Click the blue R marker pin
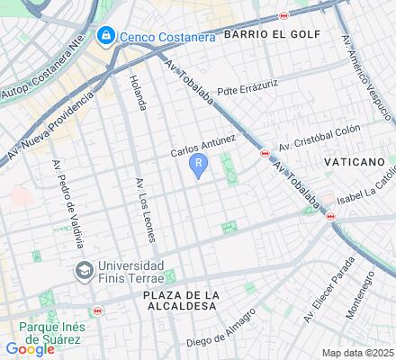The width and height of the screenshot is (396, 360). coord(198,165)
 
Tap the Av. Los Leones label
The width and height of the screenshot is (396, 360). coord(145,210)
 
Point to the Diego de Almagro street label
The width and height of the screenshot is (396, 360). coord(221,330)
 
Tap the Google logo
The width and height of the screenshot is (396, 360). coord(29,349)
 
